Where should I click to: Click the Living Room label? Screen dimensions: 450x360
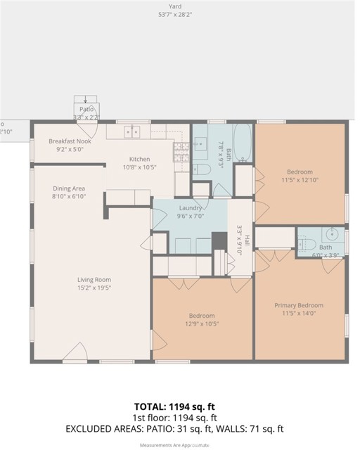pos(94,280)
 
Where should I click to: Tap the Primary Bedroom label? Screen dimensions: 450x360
pos(300,305)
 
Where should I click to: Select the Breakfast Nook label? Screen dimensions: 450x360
pos(66,141)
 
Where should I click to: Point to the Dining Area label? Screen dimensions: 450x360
pos(69,188)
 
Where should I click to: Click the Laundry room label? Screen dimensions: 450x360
pos(191,208)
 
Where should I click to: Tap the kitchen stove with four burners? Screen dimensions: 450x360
pos(181,148)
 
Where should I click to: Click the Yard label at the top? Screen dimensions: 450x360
pos(180,6)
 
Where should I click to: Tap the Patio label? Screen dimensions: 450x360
pos(86,110)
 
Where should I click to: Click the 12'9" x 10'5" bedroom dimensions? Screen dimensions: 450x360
pos(201,324)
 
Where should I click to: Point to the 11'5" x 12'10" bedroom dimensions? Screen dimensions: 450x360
pos(300,180)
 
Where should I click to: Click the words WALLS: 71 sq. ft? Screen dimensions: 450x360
pos(255,428)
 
